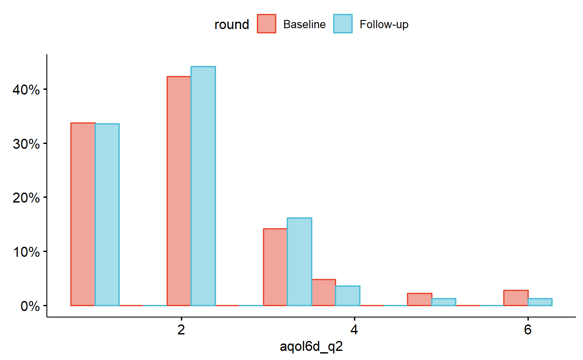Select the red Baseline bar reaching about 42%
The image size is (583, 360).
179,191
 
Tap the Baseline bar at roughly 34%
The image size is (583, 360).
83,214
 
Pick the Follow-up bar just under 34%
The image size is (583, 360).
107,215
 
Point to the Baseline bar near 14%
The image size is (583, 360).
275,267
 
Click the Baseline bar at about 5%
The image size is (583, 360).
324,292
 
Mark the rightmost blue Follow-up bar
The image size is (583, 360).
540,302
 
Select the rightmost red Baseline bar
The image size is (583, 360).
516,298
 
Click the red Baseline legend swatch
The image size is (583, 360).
266,24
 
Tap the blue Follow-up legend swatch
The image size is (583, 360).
342,24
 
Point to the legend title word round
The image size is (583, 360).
232,25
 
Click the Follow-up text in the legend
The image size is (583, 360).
384,25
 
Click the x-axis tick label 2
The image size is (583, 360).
181,330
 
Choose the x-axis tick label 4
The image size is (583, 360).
354,330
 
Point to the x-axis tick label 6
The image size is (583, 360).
527,330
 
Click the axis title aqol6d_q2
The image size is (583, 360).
311,347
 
